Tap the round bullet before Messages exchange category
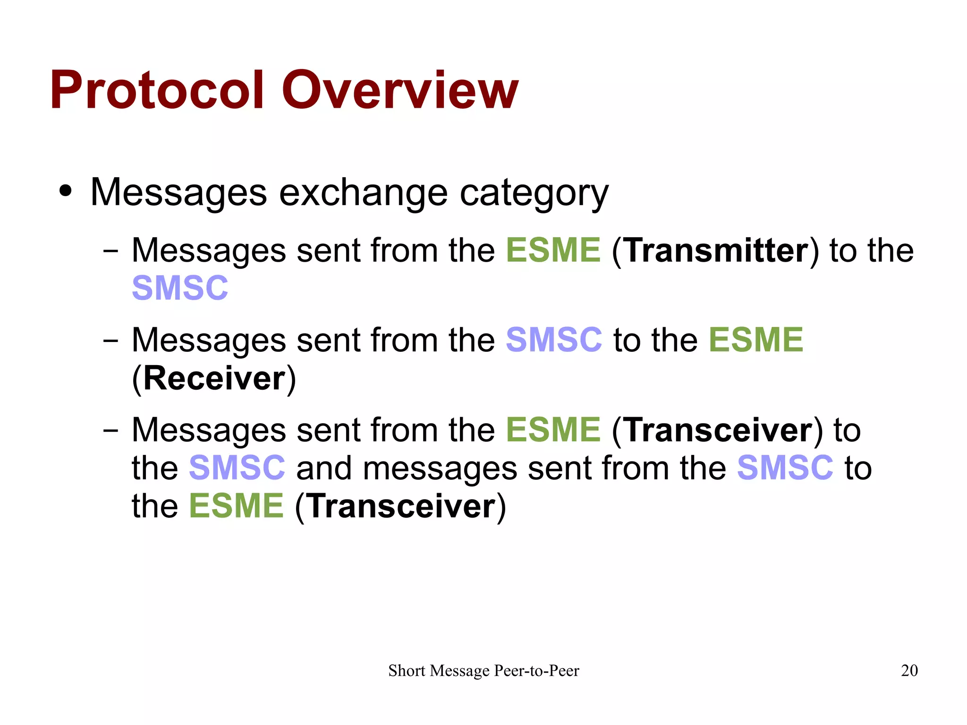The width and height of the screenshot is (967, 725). click(66, 191)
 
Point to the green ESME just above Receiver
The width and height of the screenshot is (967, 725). click(755, 340)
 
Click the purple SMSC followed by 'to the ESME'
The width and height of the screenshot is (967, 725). click(553, 340)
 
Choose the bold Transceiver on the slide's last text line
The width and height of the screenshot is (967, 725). click(401, 506)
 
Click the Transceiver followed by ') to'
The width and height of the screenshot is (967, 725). click(719, 430)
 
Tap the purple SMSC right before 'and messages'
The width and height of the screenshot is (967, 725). click(237, 468)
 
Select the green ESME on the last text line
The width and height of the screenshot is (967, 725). click(236, 506)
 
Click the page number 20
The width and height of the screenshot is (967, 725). click(909, 670)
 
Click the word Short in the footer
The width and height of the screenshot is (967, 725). click(407, 671)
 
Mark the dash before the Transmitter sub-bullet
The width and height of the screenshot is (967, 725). click(110, 251)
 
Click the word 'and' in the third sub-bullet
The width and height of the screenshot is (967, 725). click(324, 468)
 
